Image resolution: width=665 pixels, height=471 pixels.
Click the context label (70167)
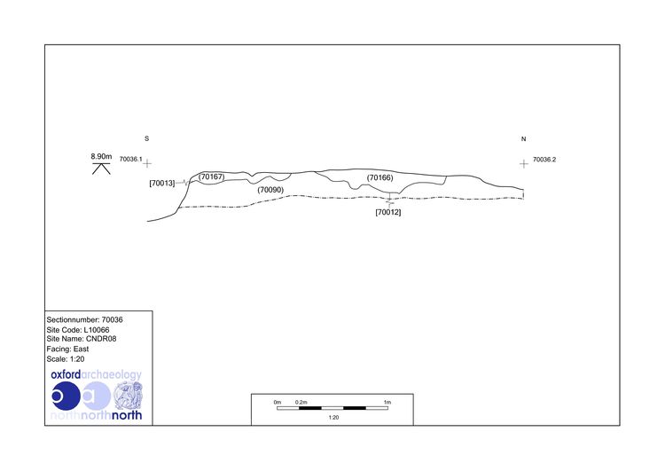coord(211,177)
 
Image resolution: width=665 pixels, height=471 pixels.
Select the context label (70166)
coord(380,177)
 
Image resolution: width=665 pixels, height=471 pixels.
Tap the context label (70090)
coord(270,190)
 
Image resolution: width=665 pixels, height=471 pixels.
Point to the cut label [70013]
coord(162,184)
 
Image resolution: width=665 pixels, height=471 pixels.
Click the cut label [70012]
coord(388,212)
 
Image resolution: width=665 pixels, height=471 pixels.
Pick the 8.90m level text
coord(101,156)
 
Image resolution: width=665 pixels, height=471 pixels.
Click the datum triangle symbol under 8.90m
coord(101,169)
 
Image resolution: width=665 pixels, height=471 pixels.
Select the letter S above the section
coord(146,138)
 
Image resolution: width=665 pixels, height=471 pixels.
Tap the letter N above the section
coord(523,138)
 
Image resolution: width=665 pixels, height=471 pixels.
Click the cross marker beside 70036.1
coord(147,163)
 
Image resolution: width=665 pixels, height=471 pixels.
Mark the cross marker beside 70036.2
coord(524,164)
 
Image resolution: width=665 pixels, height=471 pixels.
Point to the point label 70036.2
coord(544,160)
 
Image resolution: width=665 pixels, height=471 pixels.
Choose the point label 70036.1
coord(130,159)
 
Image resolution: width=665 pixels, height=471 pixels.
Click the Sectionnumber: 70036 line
coord(85,320)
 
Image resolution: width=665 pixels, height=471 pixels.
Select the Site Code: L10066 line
coord(78,330)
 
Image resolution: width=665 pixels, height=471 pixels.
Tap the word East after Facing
coord(81,349)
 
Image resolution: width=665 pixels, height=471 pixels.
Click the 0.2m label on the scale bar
coord(301,403)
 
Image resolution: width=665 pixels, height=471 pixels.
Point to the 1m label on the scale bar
coord(387,403)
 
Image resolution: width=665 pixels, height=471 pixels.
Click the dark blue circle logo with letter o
coord(66,396)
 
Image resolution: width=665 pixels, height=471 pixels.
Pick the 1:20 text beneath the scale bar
coord(333,418)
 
